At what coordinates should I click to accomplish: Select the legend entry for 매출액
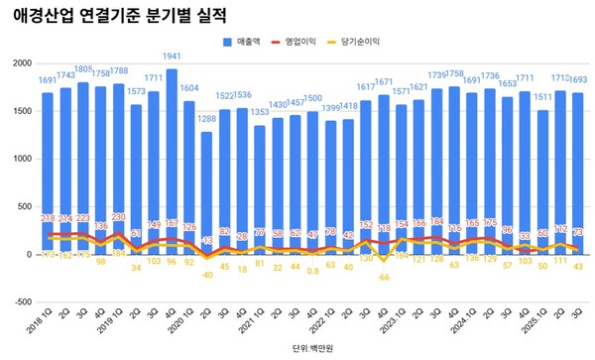[x=242, y=44]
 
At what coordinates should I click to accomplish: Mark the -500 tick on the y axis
[x=20, y=302]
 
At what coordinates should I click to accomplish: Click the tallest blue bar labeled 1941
[x=173, y=159]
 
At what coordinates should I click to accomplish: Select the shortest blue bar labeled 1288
[x=206, y=188]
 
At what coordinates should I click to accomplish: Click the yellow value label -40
[x=206, y=275]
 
